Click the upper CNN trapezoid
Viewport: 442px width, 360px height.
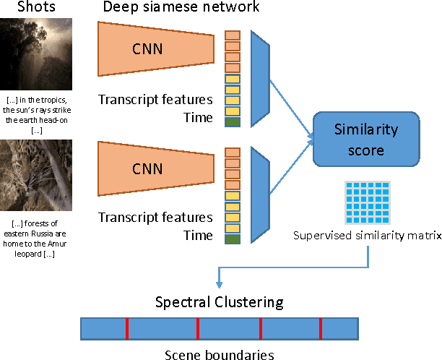coord(155,48)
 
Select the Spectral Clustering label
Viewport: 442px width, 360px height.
coord(220,301)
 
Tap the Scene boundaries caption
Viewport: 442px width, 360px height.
coord(220,354)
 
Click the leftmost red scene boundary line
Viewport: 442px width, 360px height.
coord(127,328)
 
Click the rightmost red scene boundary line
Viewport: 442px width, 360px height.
coord(320,328)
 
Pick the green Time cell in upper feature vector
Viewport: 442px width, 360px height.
coord(232,123)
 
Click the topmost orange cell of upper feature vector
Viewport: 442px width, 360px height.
coord(232,35)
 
